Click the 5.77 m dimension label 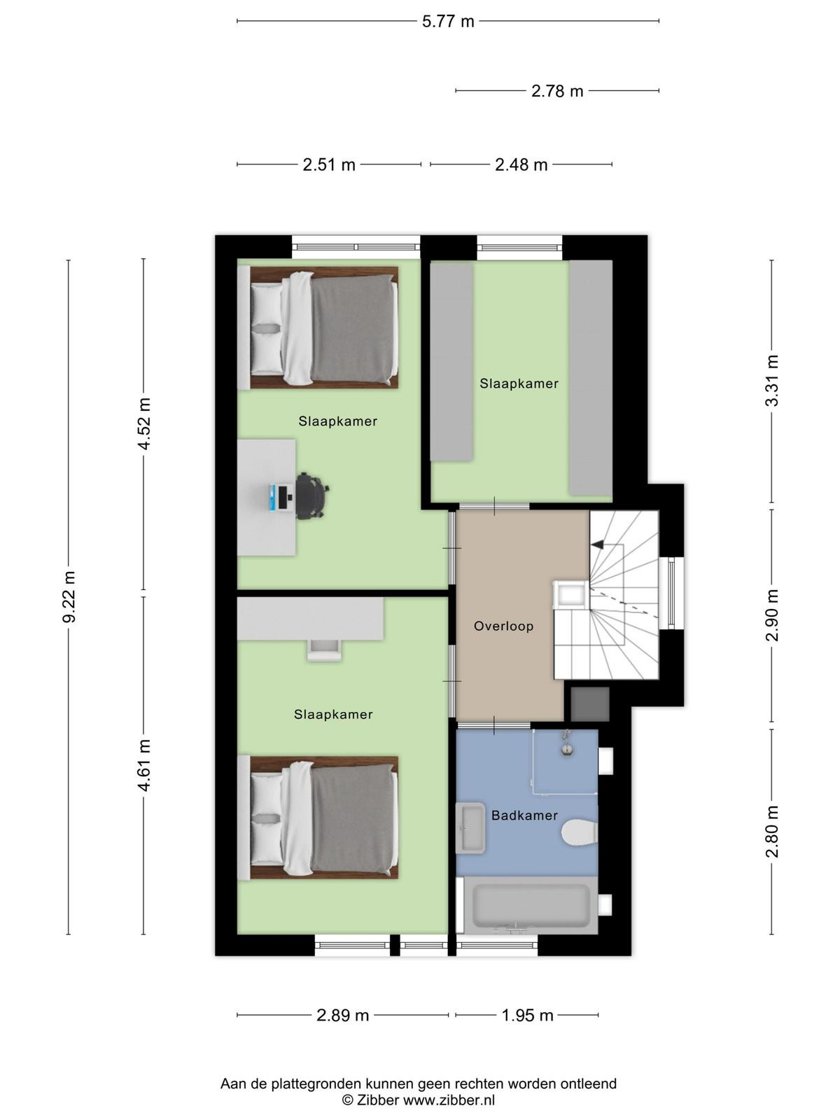click(x=448, y=22)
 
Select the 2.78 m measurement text click(x=557, y=91)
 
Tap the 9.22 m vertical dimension click(x=69, y=597)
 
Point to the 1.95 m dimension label click(x=527, y=1016)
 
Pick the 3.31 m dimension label click(x=772, y=381)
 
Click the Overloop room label click(x=503, y=626)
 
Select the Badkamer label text click(x=524, y=815)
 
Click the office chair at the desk click(x=311, y=496)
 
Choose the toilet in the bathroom click(x=580, y=832)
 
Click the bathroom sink click(x=470, y=827)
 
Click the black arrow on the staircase click(x=596, y=545)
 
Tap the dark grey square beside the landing click(x=589, y=704)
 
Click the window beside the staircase click(x=671, y=593)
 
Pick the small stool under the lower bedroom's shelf click(x=323, y=650)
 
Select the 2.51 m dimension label click(x=329, y=164)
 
